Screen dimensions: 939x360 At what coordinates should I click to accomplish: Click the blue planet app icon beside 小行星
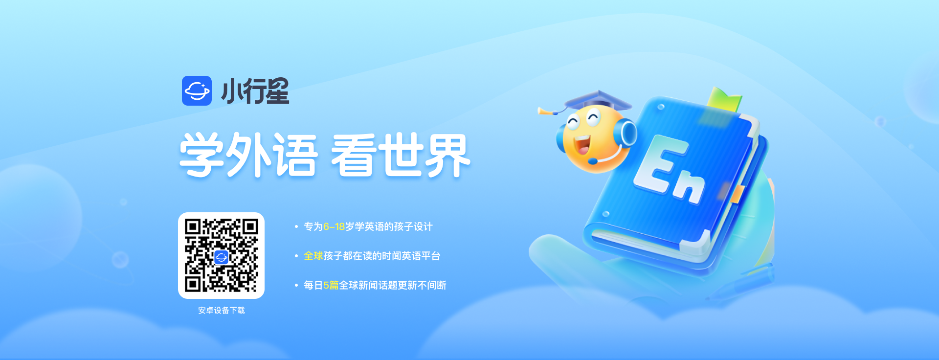[197, 90]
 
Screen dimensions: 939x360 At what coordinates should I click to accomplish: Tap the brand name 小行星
[255, 91]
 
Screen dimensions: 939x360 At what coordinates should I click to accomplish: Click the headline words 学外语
[249, 155]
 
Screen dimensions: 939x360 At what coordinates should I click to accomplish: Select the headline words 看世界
[401, 155]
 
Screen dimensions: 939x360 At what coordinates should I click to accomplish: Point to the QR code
[221, 255]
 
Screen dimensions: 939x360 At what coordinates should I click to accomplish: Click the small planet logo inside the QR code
[221, 257]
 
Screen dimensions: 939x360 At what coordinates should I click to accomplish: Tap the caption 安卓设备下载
[221, 311]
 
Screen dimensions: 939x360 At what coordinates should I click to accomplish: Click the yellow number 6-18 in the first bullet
[334, 227]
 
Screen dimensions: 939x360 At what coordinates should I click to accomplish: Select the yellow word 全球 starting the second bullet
[313, 256]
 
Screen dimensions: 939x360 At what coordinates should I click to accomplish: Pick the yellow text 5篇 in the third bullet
[331, 285]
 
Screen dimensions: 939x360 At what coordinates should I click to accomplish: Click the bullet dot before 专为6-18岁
[296, 226]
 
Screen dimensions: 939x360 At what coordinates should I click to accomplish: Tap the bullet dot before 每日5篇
[296, 285]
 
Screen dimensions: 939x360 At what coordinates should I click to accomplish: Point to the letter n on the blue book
[690, 186]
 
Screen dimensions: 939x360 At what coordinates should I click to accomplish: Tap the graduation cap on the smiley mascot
[597, 100]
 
